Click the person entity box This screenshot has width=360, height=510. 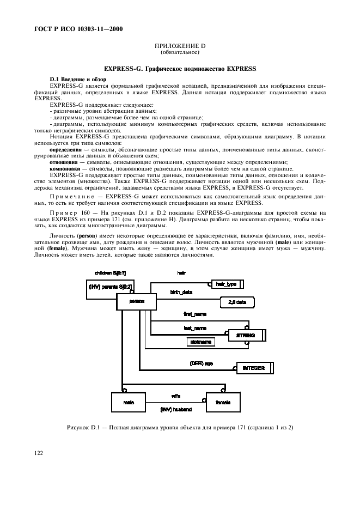click(136, 300)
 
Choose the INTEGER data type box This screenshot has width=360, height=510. click(253, 368)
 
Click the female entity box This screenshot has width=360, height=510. click(222, 402)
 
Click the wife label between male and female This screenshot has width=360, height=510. click(176, 396)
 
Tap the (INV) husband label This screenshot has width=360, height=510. click(176, 408)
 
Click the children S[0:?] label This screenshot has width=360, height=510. click(111, 272)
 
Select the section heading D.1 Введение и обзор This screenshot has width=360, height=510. click(74, 80)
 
